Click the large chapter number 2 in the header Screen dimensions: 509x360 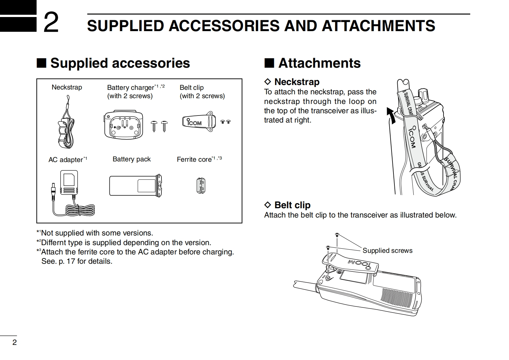(51, 22)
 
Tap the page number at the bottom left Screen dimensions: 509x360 (14, 342)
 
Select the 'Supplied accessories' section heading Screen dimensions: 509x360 (120, 63)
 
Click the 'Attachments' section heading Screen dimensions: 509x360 (319, 63)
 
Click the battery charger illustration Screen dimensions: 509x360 (123, 125)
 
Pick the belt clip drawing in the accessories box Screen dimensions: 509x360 (198, 122)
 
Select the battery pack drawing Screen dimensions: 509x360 (135, 185)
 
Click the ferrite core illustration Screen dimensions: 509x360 (201, 186)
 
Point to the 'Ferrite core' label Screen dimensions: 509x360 (194, 159)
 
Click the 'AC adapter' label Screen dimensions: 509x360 (66, 160)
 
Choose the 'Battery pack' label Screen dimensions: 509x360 (132, 159)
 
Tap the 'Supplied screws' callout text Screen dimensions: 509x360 (387, 251)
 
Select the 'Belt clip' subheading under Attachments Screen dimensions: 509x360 (292, 205)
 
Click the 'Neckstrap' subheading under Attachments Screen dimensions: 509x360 (297, 82)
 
